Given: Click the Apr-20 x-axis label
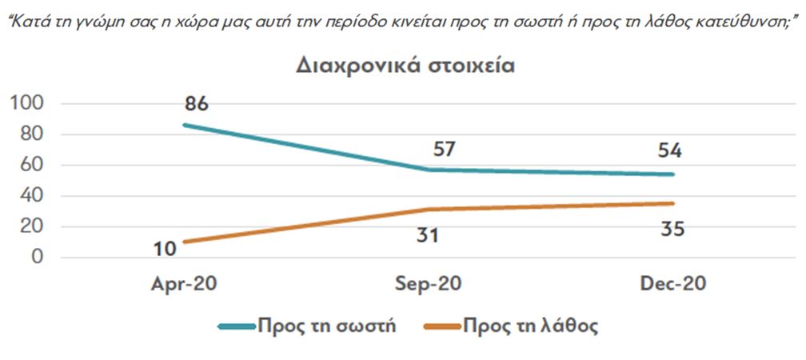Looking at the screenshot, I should (185, 285).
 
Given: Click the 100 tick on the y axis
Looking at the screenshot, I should (26, 104).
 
